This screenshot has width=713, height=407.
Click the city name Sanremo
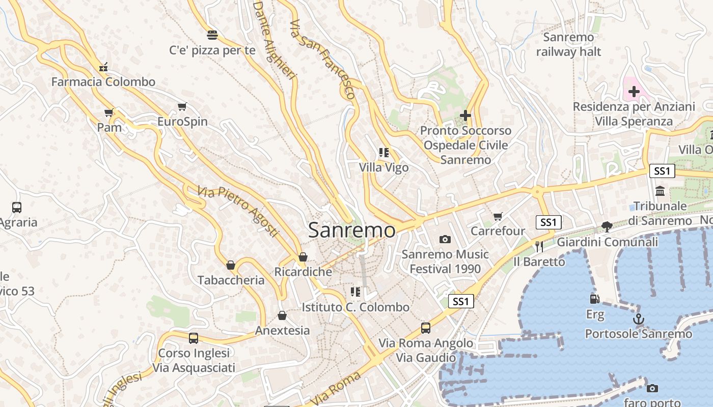pyautogui.click(x=351, y=230)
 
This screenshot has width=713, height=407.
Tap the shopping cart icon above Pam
pyautogui.click(x=108, y=112)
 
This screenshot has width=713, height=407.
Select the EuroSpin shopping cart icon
pyautogui.click(x=182, y=107)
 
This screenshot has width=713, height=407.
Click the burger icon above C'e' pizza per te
pyautogui.click(x=212, y=35)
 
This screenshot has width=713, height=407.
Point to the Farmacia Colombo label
pyautogui.click(x=103, y=82)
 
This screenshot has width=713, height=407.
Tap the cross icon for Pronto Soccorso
pyautogui.click(x=465, y=115)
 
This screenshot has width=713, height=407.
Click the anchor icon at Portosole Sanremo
pyautogui.click(x=638, y=319)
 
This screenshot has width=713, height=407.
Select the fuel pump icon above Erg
pyautogui.click(x=594, y=299)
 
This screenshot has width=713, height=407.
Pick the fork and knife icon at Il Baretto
pyautogui.click(x=539, y=247)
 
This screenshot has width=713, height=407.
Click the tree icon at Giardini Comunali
pyautogui.click(x=607, y=227)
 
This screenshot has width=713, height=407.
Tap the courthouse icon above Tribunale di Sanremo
pyautogui.click(x=661, y=191)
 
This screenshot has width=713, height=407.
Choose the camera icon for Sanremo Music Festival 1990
pyautogui.click(x=445, y=239)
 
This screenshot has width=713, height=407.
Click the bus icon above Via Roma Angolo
pyautogui.click(x=425, y=328)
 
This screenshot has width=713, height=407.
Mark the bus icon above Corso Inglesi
pyautogui.click(x=194, y=338)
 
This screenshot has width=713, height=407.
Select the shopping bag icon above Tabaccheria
pyautogui.click(x=231, y=265)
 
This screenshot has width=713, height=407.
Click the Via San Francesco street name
pyautogui.click(x=322, y=59)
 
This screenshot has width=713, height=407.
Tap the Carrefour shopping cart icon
pyautogui.click(x=498, y=216)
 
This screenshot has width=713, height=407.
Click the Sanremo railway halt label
pyautogui.click(x=568, y=44)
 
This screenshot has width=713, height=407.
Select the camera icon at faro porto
pyautogui.click(x=652, y=389)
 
